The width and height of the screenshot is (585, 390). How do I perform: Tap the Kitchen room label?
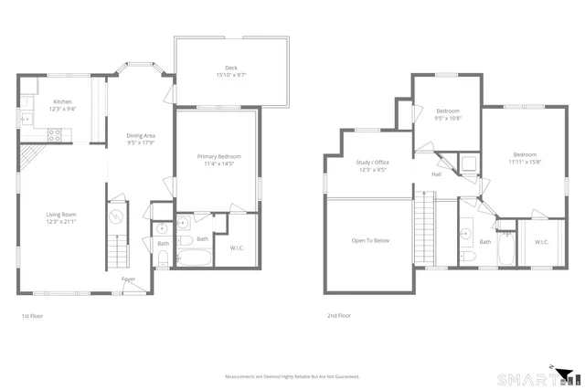63,101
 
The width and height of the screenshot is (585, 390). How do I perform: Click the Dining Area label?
141,136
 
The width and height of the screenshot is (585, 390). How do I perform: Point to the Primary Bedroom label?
217,157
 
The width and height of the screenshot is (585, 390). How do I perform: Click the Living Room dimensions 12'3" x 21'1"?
62,221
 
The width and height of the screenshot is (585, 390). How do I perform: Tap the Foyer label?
129,279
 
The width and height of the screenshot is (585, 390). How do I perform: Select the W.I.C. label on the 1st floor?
237,248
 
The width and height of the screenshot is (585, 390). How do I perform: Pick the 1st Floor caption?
32,316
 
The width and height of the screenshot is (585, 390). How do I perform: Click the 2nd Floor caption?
338,316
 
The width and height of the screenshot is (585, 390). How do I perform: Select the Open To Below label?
370,241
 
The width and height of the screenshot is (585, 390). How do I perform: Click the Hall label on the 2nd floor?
437,174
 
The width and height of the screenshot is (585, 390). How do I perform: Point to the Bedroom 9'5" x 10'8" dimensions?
448,118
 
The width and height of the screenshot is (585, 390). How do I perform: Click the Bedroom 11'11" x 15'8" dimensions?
525,162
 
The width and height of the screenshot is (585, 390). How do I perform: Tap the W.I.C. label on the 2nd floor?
541,242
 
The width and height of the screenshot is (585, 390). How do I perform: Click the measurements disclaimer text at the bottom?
292,375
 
